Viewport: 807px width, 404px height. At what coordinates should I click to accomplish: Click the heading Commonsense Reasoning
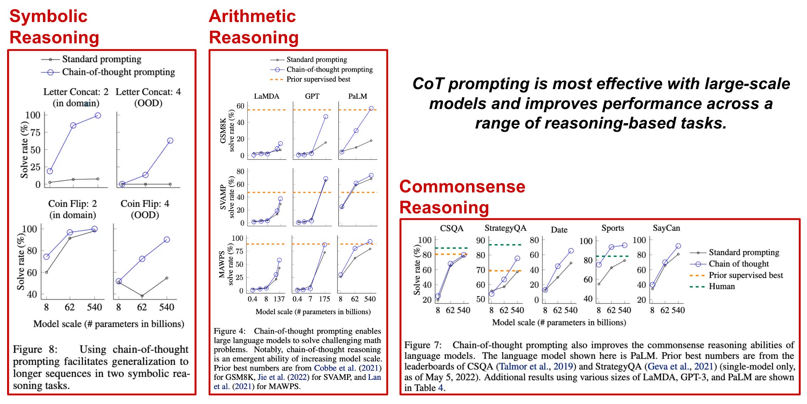tap(462, 197)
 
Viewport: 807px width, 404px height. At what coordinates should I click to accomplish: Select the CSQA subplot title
tap(451, 228)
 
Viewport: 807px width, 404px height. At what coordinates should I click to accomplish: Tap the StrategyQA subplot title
tap(505, 228)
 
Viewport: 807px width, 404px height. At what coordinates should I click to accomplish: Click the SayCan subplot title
tap(666, 228)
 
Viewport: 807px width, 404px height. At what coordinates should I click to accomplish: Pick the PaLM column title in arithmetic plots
tap(357, 96)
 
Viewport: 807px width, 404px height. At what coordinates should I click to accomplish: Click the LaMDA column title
tap(266, 96)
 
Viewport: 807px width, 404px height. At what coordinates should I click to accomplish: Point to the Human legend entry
tap(721, 286)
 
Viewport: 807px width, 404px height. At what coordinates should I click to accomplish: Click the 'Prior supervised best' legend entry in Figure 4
tap(318, 79)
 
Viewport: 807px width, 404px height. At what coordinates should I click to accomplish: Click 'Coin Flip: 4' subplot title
tap(145, 204)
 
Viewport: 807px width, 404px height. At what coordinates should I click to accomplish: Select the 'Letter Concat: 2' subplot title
tap(76, 92)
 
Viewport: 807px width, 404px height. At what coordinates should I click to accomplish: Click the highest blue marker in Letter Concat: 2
tap(98, 115)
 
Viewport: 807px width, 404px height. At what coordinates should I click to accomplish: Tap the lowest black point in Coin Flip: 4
tap(142, 296)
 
